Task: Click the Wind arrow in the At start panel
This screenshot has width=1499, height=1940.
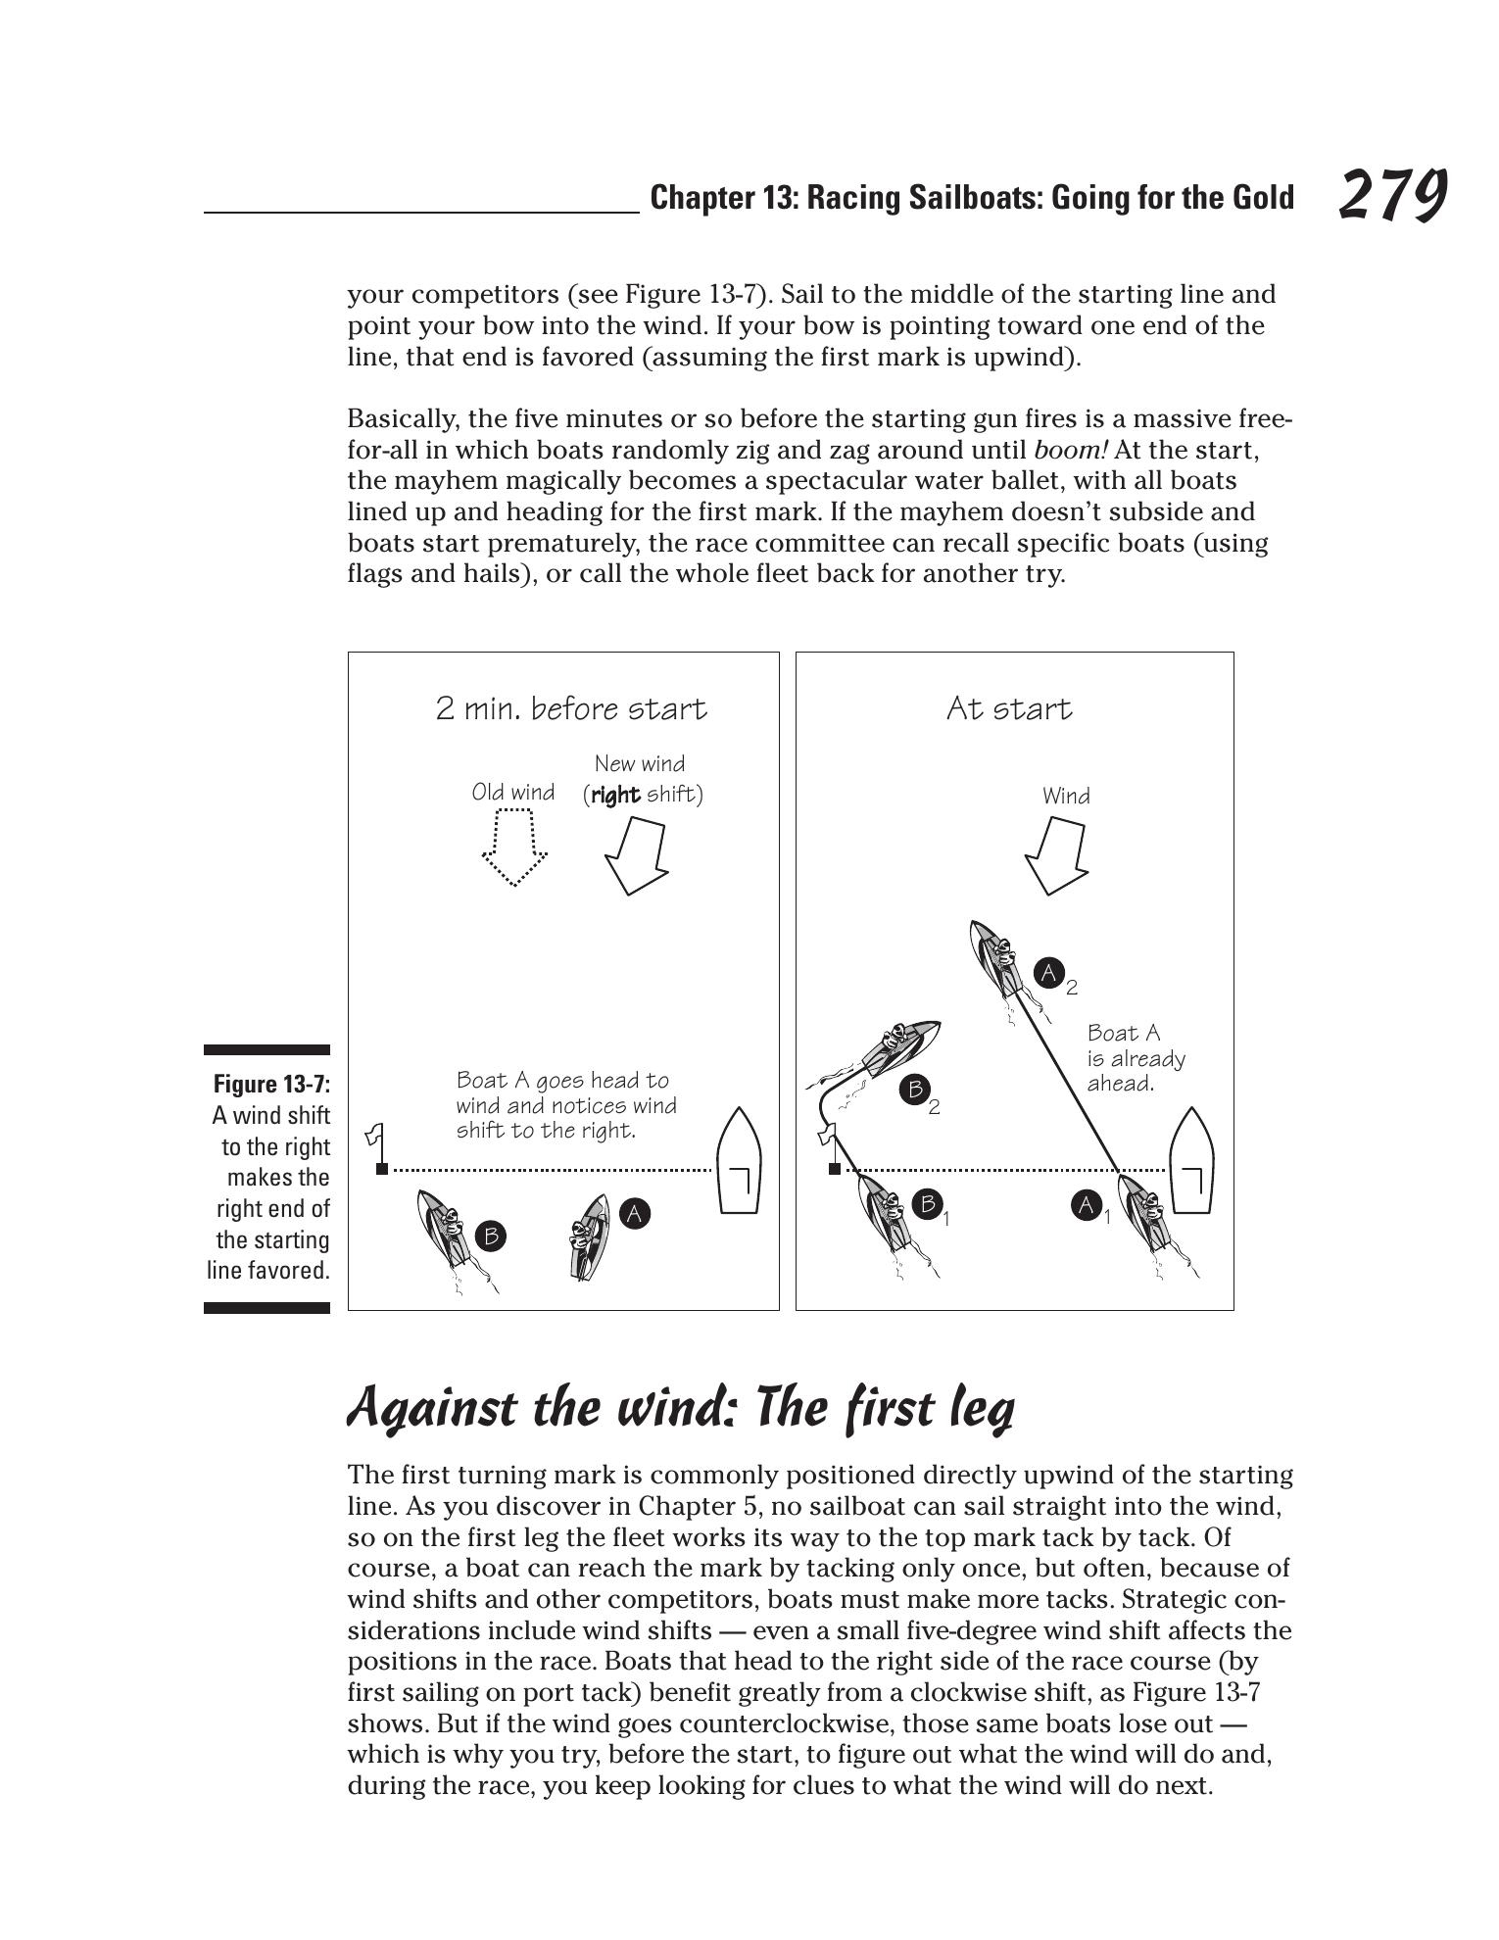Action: pos(1056,855)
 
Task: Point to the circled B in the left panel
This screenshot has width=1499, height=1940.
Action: pos(491,1236)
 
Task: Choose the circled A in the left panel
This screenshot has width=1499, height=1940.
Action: pos(635,1214)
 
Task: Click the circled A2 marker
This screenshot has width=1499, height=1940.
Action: pos(1048,973)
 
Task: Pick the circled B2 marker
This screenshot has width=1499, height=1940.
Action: pos(915,1089)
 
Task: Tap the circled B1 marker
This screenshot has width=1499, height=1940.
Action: pos(927,1203)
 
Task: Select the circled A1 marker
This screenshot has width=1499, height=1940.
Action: pos(1086,1204)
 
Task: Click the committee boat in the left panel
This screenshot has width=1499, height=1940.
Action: pos(740,1161)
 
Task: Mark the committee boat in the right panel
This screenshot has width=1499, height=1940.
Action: pos(1191,1161)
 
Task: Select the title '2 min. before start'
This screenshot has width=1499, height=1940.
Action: pos(570,708)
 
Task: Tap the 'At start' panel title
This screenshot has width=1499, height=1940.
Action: pos(1009,708)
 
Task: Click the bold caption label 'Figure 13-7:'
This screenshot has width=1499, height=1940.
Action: pos(271,1084)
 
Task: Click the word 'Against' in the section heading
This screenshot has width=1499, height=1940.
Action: pos(432,1409)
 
